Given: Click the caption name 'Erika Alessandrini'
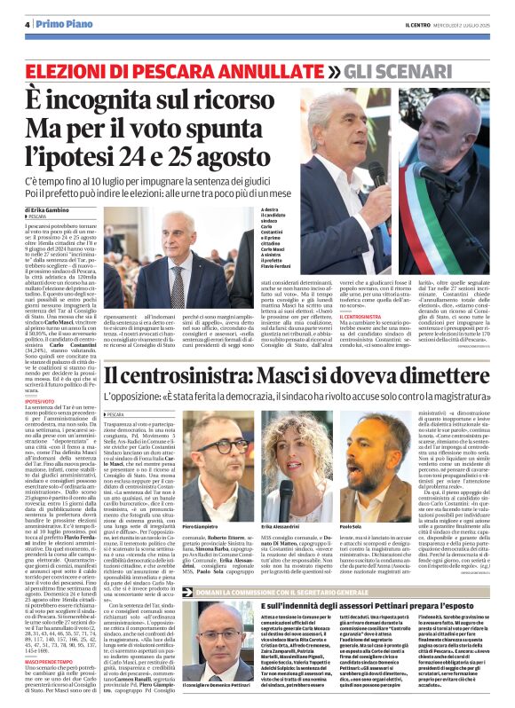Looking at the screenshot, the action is tap(284, 502).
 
